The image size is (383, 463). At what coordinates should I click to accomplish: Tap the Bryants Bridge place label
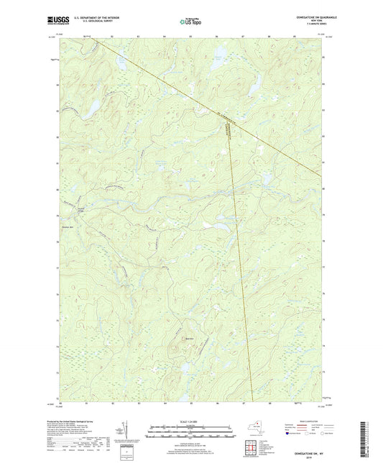point(80,208)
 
